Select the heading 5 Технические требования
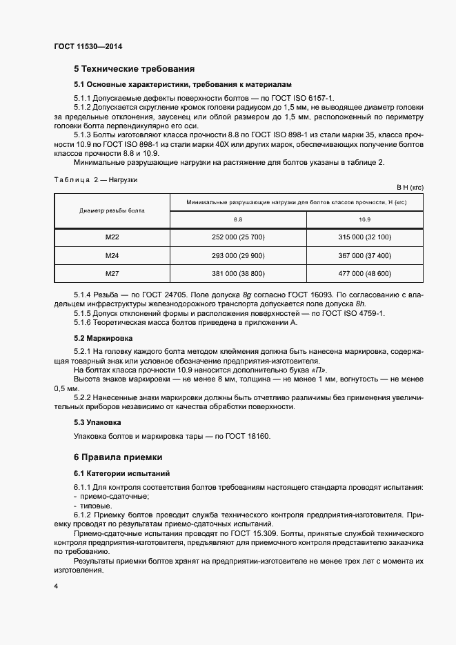pyautogui.click(x=134, y=69)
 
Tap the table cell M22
pyautogui.click(x=112, y=237)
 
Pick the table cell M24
pyautogui.click(x=112, y=256)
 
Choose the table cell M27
pyautogui.click(x=112, y=274)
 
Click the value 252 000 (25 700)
pyautogui.click(x=238, y=237)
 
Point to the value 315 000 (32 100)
pyautogui.click(x=364, y=237)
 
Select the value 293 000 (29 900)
pyautogui.click(x=238, y=256)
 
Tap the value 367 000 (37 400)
pyautogui.click(x=364, y=256)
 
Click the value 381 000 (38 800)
pyautogui.click(x=238, y=274)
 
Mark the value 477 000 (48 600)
pyautogui.click(x=364, y=274)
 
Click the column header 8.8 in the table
pyautogui.click(x=238, y=219)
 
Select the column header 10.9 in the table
pyautogui.click(x=364, y=219)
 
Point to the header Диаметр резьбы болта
pyautogui.click(x=112, y=210)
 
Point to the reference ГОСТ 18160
pyautogui.click(x=245, y=436)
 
